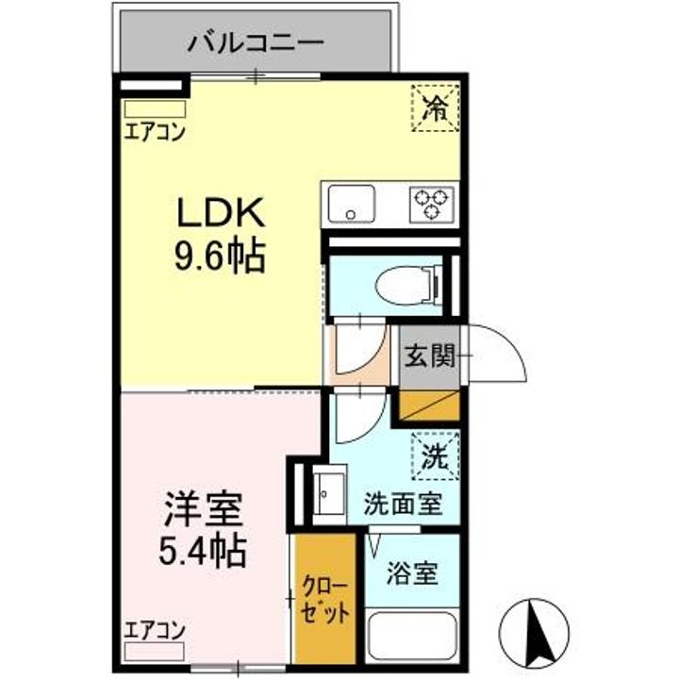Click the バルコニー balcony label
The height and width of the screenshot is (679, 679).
click(255, 41)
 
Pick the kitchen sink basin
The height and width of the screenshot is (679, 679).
click(350, 204)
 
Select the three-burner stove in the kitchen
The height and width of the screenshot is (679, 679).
click(431, 204)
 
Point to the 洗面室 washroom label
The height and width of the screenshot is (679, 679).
click(404, 505)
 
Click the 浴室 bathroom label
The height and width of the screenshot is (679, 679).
click(412, 573)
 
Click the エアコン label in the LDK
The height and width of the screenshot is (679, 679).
click(154, 131)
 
